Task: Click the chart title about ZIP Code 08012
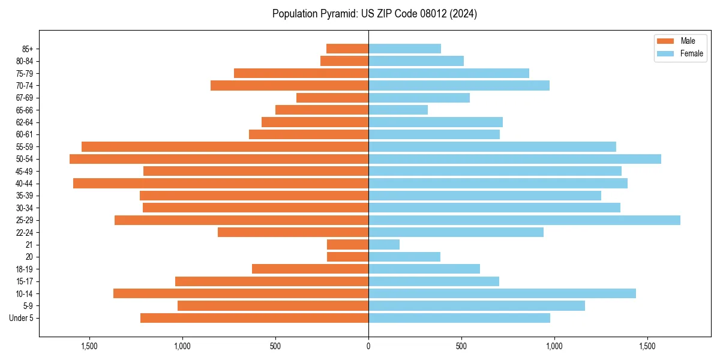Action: pyautogui.click(x=374, y=14)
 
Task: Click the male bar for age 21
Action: pyautogui.click(x=347, y=245)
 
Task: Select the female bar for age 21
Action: pyautogui.click(x=384, y=245)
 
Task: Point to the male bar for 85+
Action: pyautogui.click(x=347, y=49)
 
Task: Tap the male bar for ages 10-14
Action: pyautogui.click(x=241, y=293)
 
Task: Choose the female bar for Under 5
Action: pyautogui.click(x=459, y=318)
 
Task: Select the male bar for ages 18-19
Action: pyautogui.click(x=310, y=269)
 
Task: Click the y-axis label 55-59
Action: pyautogui.click(x=25, y=147)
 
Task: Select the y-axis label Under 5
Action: pyautogui.click(x=22, y=318)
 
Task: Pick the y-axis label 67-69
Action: pyautogui.click(x=25, y=98)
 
